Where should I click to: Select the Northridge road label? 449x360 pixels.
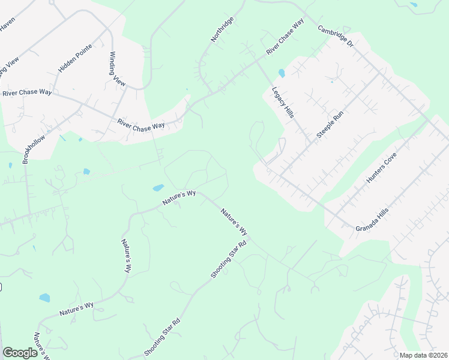coord(222,29)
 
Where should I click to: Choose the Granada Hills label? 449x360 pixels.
coord(372,221)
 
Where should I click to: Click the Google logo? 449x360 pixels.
coord(20,353)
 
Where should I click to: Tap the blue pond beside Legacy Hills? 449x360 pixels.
coord(282,74)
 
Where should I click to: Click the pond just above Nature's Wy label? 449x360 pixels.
coord(158,188)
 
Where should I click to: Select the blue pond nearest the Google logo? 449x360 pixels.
coord(44,298)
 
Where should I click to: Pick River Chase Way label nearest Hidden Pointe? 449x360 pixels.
coord(27,93)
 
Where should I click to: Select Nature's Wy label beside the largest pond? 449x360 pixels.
coord(179,199)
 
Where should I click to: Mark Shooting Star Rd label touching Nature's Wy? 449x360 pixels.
coord(229,259)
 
